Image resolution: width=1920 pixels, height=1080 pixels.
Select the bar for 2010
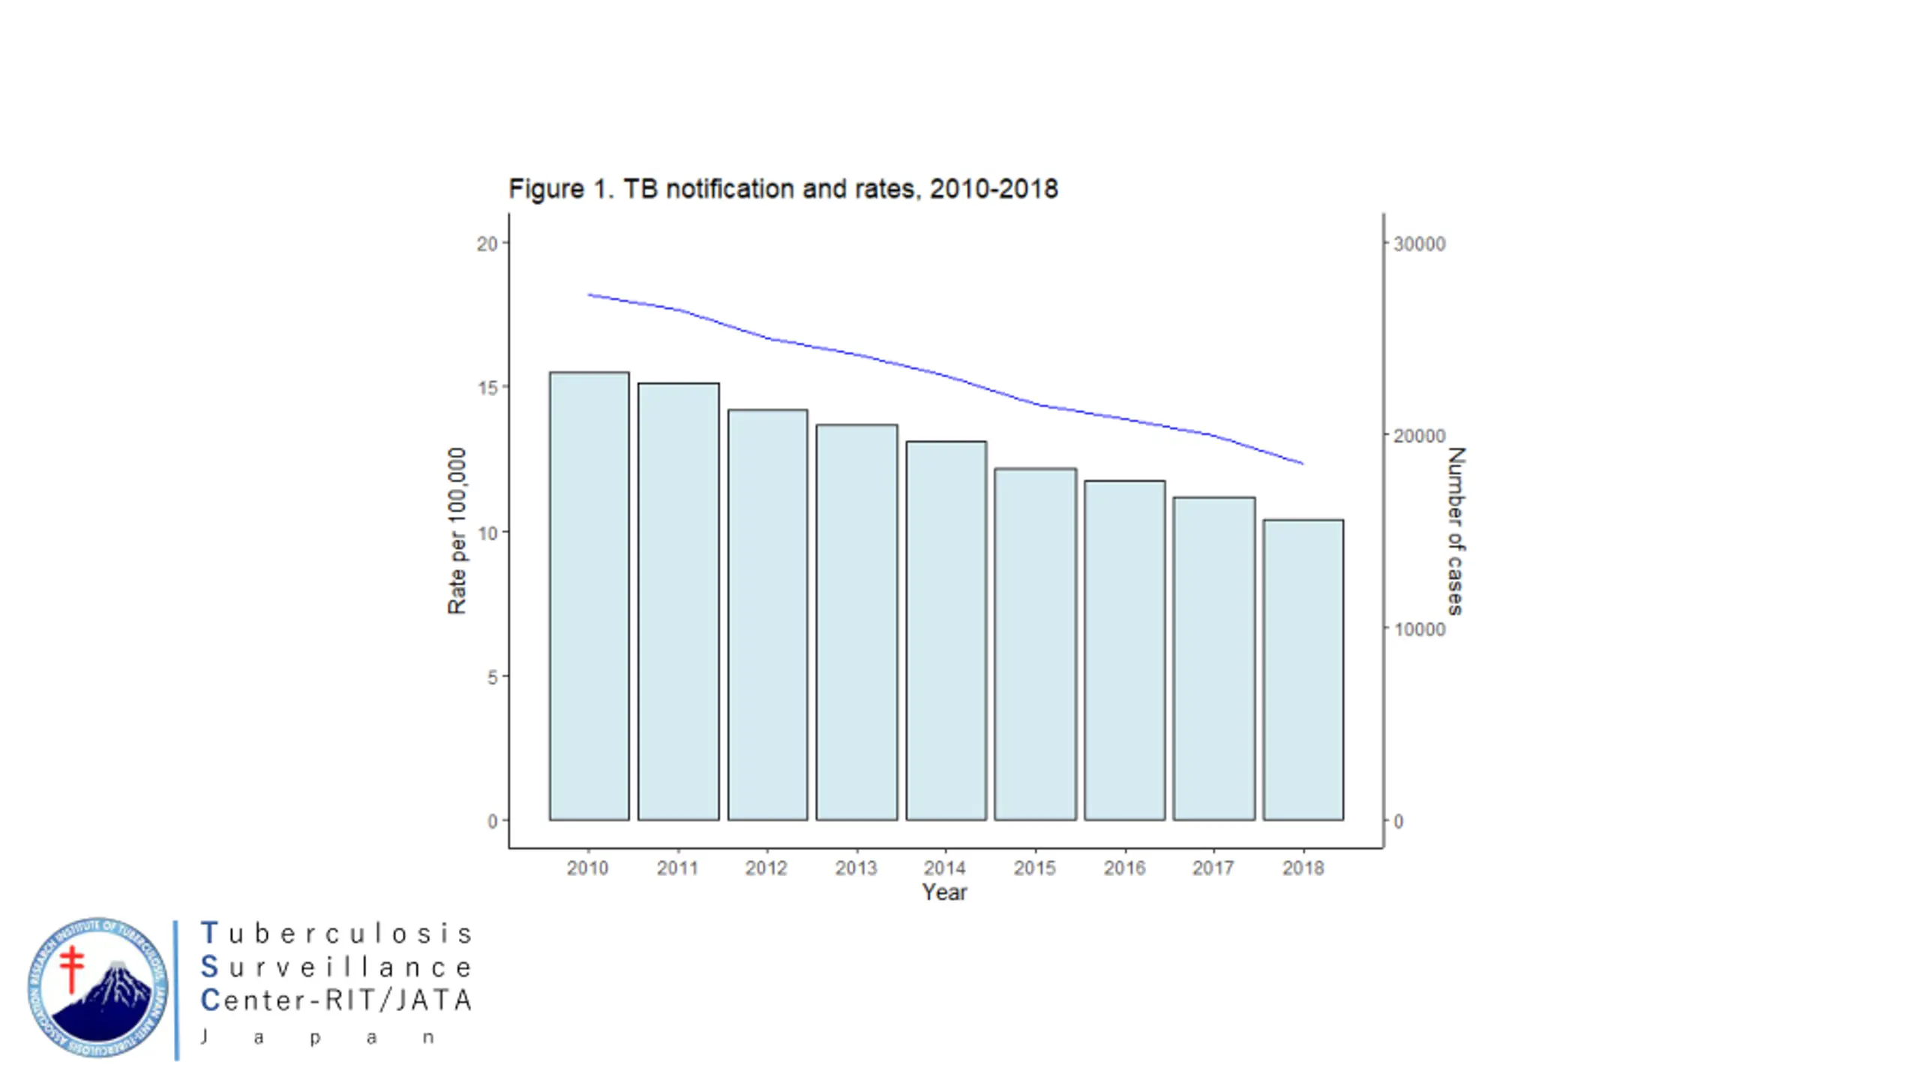point(589,596)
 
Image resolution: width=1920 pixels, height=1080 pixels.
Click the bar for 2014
point(946,631)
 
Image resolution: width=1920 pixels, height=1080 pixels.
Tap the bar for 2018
point(1303,670)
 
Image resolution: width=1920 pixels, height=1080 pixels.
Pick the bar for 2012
point(767,615)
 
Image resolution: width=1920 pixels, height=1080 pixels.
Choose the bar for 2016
point(1124,650)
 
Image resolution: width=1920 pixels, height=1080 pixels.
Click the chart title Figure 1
point(783,189)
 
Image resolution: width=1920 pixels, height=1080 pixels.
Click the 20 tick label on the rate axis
point(487,244)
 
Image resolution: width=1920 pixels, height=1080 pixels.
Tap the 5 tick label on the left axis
point(492,677)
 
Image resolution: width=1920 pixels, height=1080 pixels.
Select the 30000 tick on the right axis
point(1419,244)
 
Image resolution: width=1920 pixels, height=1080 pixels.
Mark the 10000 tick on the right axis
point(1419,629)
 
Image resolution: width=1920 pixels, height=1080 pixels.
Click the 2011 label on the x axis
point(677,868)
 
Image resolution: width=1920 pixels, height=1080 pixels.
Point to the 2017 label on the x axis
point(1213,868)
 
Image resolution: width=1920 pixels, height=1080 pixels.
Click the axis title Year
point(944,892)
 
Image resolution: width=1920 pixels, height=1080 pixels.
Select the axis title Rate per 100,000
point(457,531)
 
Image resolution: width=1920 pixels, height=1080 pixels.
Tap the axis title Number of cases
point(1455,531)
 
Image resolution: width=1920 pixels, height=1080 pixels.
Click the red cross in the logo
point(72,968)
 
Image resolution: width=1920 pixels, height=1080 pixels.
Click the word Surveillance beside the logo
point(336,967)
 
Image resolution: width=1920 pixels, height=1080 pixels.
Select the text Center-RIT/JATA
point(336,1000)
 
